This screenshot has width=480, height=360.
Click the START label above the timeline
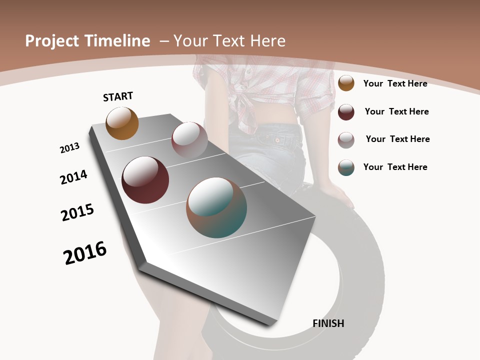[x=118, y=96]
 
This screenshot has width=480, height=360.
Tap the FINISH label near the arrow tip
[x=328, y=323]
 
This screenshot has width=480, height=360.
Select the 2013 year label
[x=69, y=148]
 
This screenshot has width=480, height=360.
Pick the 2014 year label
[x=73, y=177]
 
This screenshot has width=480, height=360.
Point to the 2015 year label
[x=77, y=212]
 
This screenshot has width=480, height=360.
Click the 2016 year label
[x=85, y=253]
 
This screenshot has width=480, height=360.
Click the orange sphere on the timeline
[x=122, y=123]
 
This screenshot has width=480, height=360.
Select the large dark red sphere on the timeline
[x=145, y=180]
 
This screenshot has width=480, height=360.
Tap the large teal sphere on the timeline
[x=216, y=207]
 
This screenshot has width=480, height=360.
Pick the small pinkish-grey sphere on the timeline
[x=189, y=139]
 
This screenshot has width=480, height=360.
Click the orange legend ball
[x=346, y=83]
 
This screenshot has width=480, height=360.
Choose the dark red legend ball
[x=346, y=112]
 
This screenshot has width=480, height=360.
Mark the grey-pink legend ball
[x=346, y=140]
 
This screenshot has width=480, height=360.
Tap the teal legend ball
[x=346, y=167]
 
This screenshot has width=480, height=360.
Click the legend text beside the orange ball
[x=395, y=83]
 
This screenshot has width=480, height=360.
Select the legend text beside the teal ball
[x=395, y=167]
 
